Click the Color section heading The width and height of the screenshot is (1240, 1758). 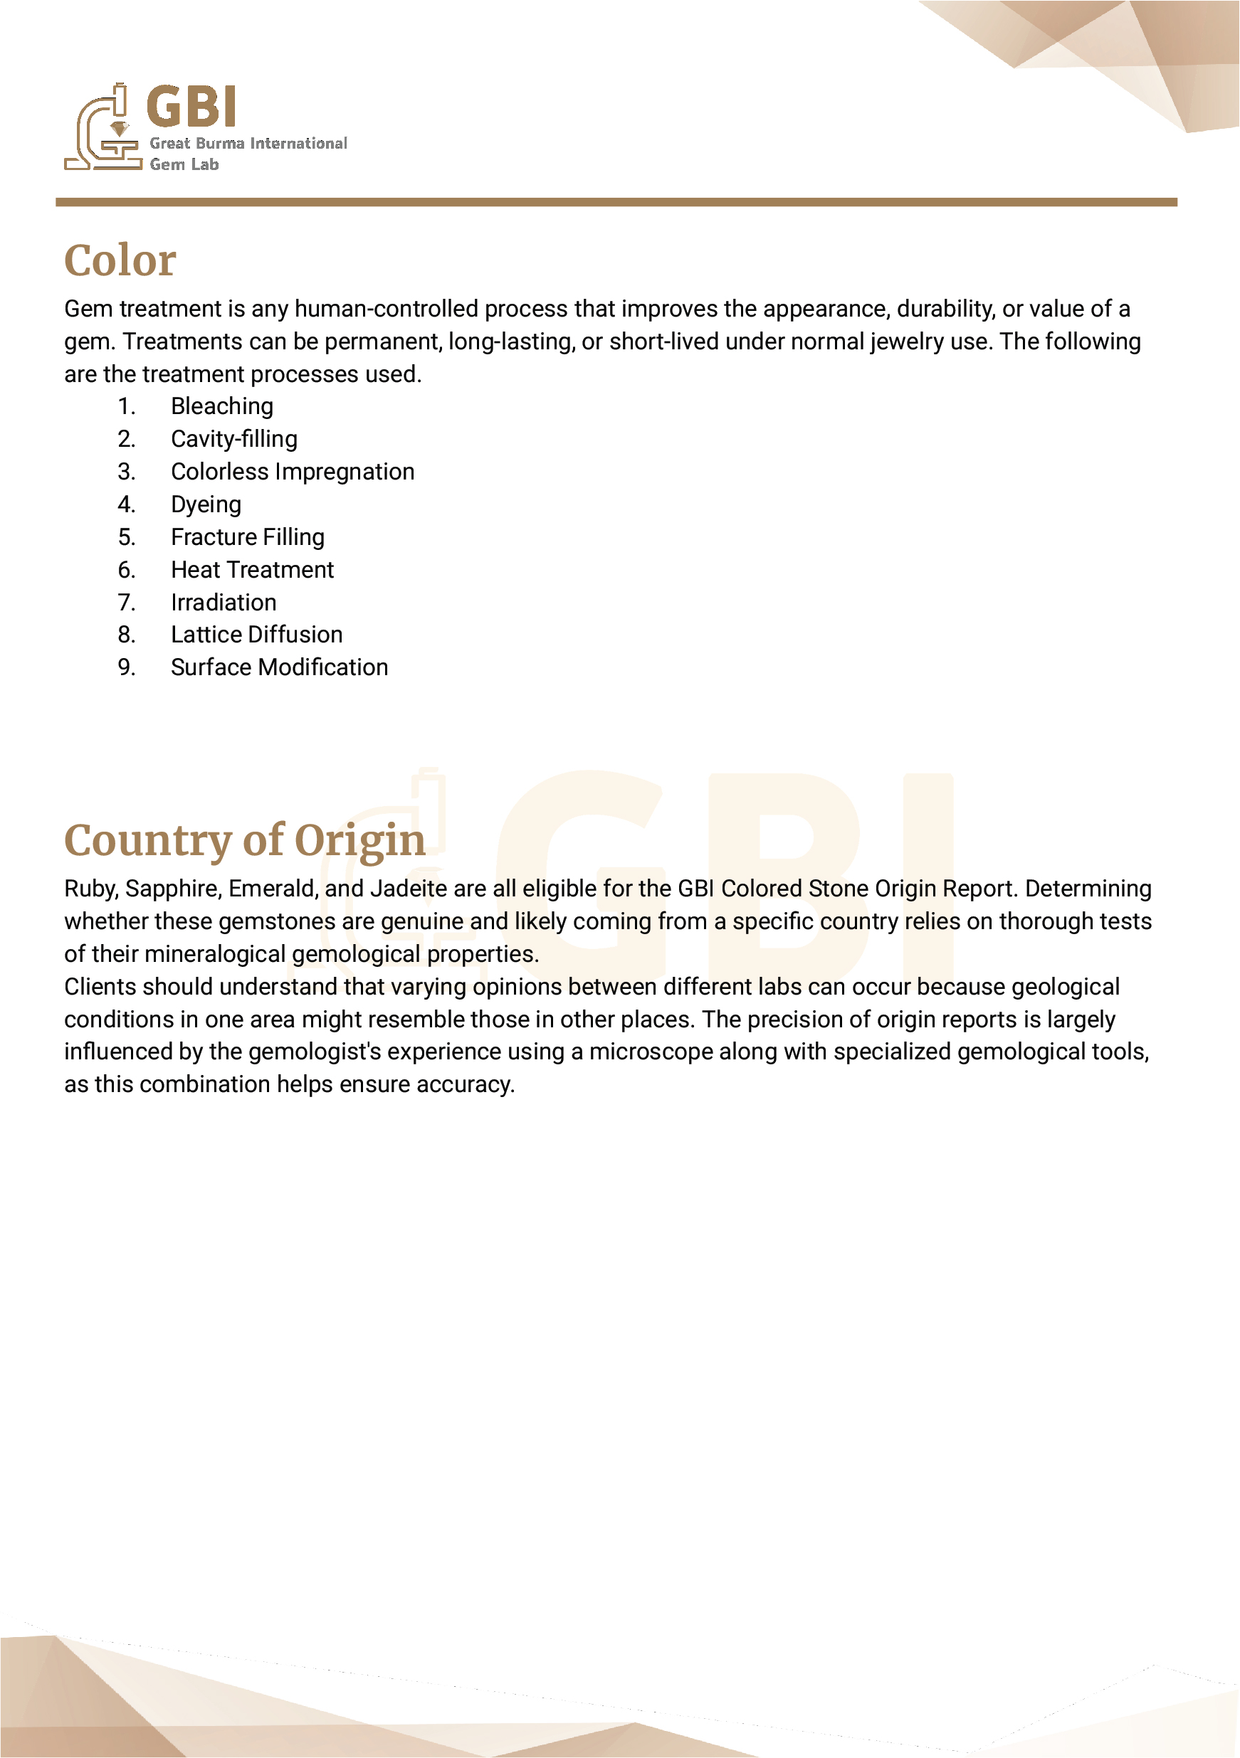pyautogui.click(x=120, y=261)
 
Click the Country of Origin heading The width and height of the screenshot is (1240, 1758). pyautogui.click(x=244, y=841)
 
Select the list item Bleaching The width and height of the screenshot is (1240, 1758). pyautogui.click(x=221, y=406)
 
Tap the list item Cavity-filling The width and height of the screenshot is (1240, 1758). pyautogui.click(x=233, y=440)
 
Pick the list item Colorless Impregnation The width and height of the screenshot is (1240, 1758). pyautogui.click(x=292, y=472)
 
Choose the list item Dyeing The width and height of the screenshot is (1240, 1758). pyautogui.click(x=205, y=504)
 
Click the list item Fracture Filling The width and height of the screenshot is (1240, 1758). pyautogui.click(x=248, y=538)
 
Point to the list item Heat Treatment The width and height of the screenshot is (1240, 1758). pyautogui.click(x=252, y=571)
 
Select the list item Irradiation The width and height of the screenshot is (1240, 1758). pyautogui.click(x=223, y=603)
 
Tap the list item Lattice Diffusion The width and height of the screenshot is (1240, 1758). pyautogui.click(x=256, y=635)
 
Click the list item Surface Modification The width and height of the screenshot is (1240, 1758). pyautogui.click(x=279, y=667)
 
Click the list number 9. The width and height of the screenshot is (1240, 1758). pyautogui.click(x=127, y=667)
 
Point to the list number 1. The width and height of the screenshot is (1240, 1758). pyautogui.click(x=127, y=406)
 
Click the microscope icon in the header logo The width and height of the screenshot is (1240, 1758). pyautogui.click(x=103, y=129)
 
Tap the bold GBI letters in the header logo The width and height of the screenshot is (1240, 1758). pyautogui.click(x=191, y=107)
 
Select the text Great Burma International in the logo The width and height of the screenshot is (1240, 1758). pyautogui.click(x=248, y=143)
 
